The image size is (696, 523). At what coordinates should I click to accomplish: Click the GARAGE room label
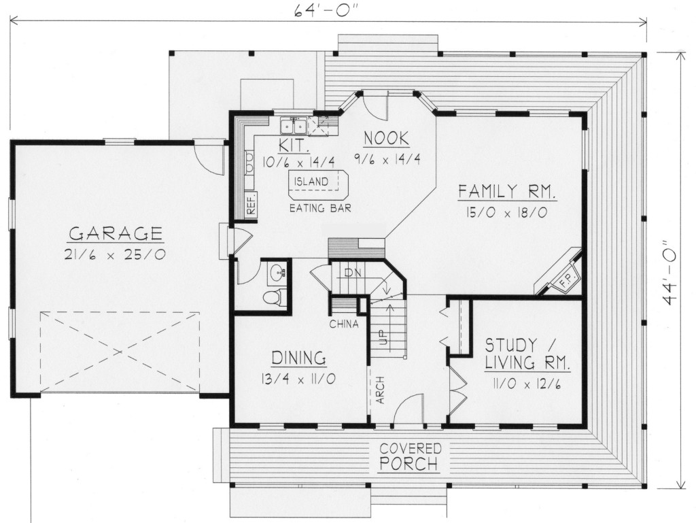point(116,233)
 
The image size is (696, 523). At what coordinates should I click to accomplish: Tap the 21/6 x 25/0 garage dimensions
point(115,255)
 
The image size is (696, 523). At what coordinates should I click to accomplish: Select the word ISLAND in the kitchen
point(311,182)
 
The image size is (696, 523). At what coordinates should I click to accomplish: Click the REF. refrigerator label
point(251,204)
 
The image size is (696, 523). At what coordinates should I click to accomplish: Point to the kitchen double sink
point(294,126)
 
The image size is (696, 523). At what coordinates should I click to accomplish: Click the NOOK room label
point(387,139)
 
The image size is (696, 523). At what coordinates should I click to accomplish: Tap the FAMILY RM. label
point(507,192)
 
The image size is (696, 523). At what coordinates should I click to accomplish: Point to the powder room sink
point(278,272)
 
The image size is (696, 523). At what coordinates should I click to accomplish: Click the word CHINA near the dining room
point(344,324)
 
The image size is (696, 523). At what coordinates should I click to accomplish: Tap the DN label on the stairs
point(353,273)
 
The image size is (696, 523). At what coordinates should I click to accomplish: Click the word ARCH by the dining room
point(380,390)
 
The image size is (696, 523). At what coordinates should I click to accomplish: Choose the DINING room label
point(299,358)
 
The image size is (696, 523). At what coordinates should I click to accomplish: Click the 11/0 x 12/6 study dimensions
point(527,384)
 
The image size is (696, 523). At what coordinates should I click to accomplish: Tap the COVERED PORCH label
point(410,456)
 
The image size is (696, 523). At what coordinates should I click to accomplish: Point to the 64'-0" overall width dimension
point(326,11)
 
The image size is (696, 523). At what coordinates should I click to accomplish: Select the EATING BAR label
point(321,208)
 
